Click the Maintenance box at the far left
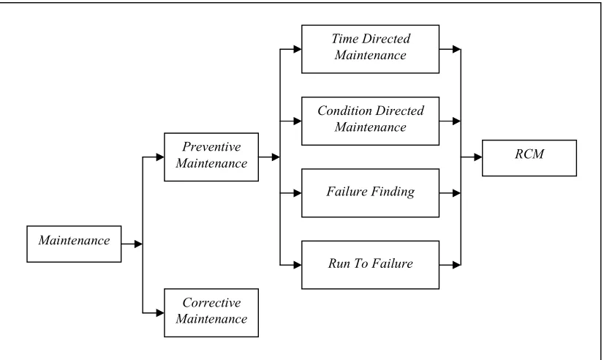click(x=74, y=244)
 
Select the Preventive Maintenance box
click(x=211, y=157)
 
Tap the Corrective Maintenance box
click(x=211, y=312)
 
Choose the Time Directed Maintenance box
click(x=370, y=49)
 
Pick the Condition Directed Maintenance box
click(x=370, y=121)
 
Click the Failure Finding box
click(x=370, y=192)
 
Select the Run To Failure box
click(x=370, y=265)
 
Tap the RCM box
click(x=529, y=158)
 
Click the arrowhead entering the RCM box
click(x=478, y=157)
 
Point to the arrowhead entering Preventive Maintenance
click(x=160, y=157)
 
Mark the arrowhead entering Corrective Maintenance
click(x=160, y=313)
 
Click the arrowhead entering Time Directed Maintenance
click(x=298, y=49)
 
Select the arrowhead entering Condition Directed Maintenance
click(x=298, y=121)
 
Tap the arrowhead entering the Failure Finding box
click(x=298, y=193)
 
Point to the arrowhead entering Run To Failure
click(x=298, y=265)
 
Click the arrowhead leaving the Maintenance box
click(x=139, y=244)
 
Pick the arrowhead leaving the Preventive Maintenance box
click(x=276, y=157)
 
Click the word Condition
click(x=344, y=110)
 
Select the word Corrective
click(x=211, y=303)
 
